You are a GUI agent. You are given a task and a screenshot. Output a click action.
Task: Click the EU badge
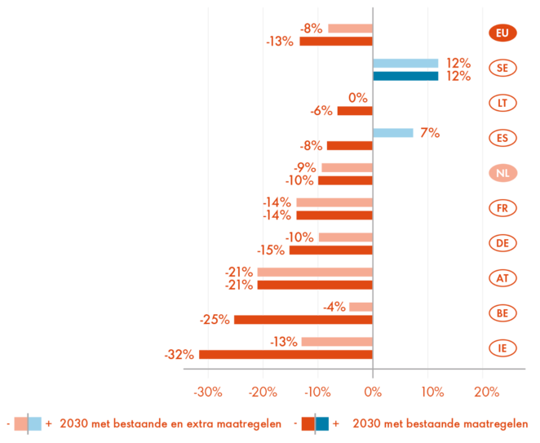(502, 33)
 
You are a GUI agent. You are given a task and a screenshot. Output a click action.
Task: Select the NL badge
(502, 173)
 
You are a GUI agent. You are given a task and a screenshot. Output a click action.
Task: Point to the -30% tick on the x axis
(208, 392)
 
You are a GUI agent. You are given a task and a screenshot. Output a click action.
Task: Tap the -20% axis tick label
(263, 392)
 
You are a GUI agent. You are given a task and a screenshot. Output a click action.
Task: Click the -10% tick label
(318, 392)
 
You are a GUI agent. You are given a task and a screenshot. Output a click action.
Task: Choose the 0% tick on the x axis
(373, 392)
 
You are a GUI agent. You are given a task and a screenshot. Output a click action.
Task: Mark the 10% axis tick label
(432, 392)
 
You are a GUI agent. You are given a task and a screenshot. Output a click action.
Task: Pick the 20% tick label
(486, 392)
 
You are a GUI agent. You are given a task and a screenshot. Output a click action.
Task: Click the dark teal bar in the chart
(406, 77)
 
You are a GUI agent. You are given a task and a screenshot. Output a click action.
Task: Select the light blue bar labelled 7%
(394, 132)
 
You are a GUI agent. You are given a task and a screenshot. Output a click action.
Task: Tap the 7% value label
(430, 132)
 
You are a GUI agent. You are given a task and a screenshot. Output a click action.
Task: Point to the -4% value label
(334, 307)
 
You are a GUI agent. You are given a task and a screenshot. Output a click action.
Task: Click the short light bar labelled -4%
(360, 307)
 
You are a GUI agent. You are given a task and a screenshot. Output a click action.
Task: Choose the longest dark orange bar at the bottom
(285, 354)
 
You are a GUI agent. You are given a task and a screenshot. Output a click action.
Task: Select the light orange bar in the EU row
(348, 29)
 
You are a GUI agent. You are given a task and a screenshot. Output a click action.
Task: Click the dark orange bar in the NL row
(345, 181)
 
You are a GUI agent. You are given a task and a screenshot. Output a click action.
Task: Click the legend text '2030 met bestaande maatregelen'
(440, 423)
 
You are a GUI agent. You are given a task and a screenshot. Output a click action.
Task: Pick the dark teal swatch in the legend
(323, 423)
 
